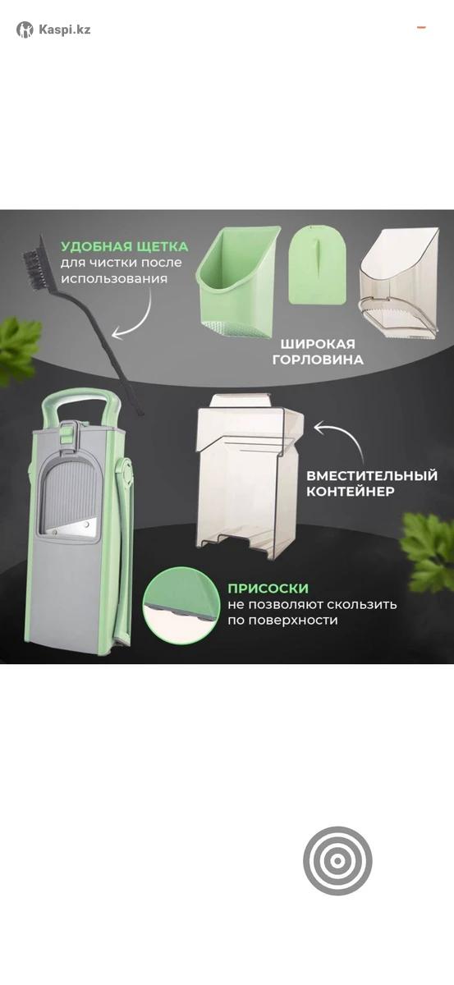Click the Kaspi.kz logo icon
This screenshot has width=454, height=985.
pyautogui.click(x=25, y=30)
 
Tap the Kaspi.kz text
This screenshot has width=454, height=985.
pyautogui.click(x=65, y=30)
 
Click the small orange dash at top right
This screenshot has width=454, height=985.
pyautogui.click(x=421, y=28)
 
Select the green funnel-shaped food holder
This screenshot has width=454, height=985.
pyautogui.click(x=238, y=282)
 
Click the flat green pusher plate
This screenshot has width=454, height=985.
pyautogui.click(x=317, y=267)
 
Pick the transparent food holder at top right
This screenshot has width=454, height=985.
pyautogui.click(x=400, y=284)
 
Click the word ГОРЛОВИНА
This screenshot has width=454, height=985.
pyautogui.click(x=318, y=360)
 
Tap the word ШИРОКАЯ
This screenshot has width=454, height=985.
pyautogui.click(x=318, y=343)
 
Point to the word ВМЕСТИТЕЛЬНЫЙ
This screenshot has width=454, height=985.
pyautogui.click(x=372, y=476)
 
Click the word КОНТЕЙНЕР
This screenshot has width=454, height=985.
pyautogui.click(x=351, y=492)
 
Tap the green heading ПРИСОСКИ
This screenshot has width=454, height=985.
pyautogui.click(x=268, y=589)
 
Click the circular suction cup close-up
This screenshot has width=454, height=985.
pyautogui.click(x=181, y=606)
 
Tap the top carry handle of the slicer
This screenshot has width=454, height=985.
pyautogui.click(x=81, y=398)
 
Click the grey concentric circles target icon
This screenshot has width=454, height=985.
pyautogui.click(x=337, y=860)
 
